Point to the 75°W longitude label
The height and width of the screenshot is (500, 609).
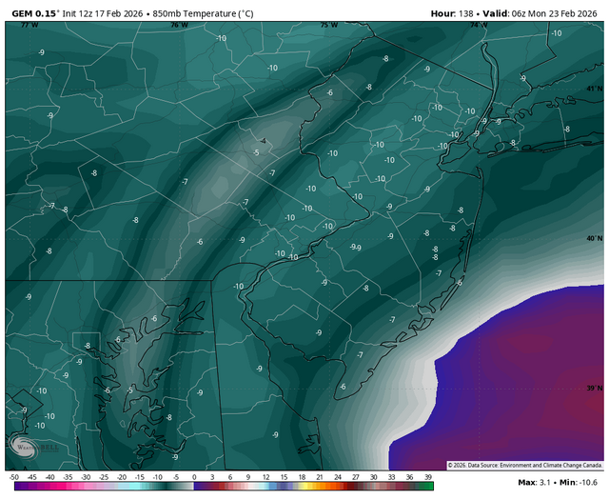[328, 25]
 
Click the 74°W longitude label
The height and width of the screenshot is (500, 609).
[478, 25]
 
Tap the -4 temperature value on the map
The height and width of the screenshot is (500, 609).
[263, 142]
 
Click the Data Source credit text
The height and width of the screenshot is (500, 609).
[533, 466]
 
